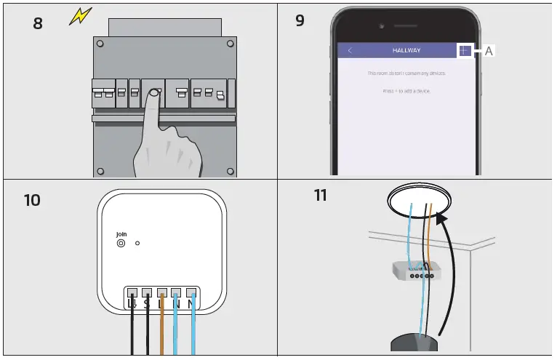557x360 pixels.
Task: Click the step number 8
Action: (38, 23)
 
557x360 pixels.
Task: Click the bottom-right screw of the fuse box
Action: (230, 171)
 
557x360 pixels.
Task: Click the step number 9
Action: (300, 20)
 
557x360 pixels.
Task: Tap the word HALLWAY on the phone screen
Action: (406, 50)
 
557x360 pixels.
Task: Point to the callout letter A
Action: (489, 51)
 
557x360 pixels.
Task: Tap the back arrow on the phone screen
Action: (350, 50)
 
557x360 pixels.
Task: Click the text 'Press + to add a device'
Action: (406, 91)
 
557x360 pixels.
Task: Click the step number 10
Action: (32, 199)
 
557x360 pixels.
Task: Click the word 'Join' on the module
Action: (121, 234)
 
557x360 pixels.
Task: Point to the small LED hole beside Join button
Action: (137, 244)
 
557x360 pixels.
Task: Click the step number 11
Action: (320, 195)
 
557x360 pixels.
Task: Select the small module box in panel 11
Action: (415, 272)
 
